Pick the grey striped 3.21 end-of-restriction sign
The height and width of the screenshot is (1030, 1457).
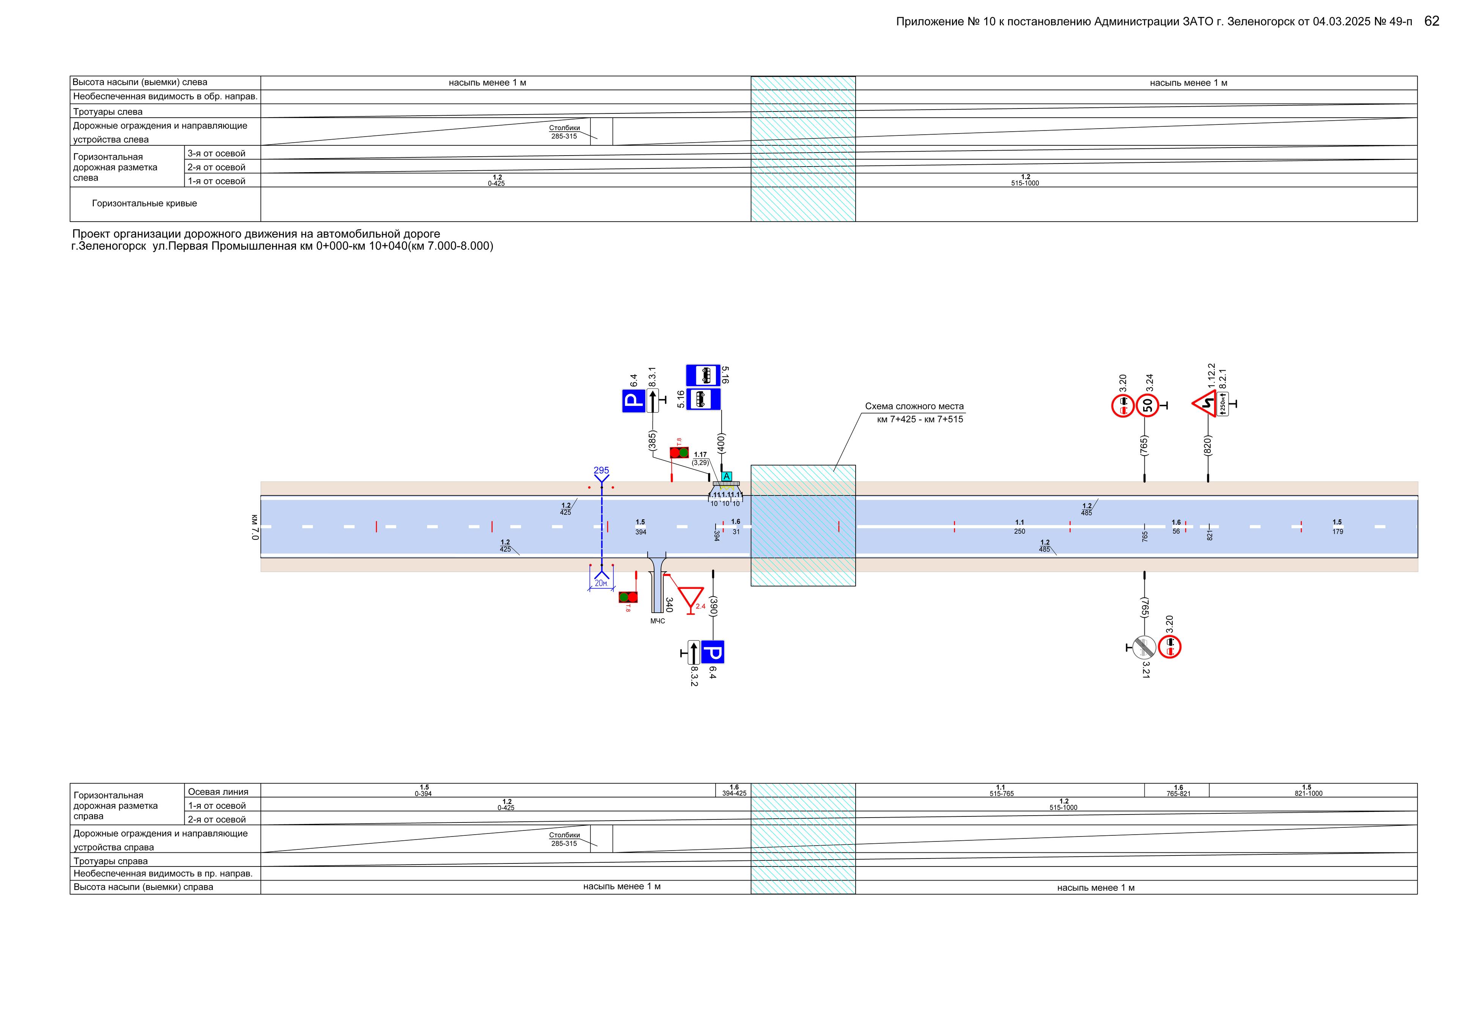[x=1144, y=647]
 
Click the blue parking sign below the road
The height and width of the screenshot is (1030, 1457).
[x=713, y=652]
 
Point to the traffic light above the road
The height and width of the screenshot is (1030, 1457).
[x=679, y=453]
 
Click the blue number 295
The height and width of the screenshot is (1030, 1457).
[x=601, y=470]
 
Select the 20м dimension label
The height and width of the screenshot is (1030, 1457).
[x=600, y=583]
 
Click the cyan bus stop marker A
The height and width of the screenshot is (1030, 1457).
[x=727, y=476]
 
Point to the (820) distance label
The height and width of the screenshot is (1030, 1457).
[x=1208, y=445]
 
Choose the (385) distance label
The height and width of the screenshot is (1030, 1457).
[x=652, y=440]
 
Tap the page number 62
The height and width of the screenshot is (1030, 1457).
[x=1432, y=22]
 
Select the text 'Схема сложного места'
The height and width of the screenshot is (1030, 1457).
[x=914, y=406]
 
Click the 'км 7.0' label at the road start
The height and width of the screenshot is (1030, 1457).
[x=255, y=527]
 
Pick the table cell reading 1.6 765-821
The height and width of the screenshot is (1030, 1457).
[x=1178, y=790]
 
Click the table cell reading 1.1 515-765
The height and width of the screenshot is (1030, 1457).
[x=1001, y=790]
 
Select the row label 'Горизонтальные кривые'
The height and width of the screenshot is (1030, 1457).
[x=145, y=204]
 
